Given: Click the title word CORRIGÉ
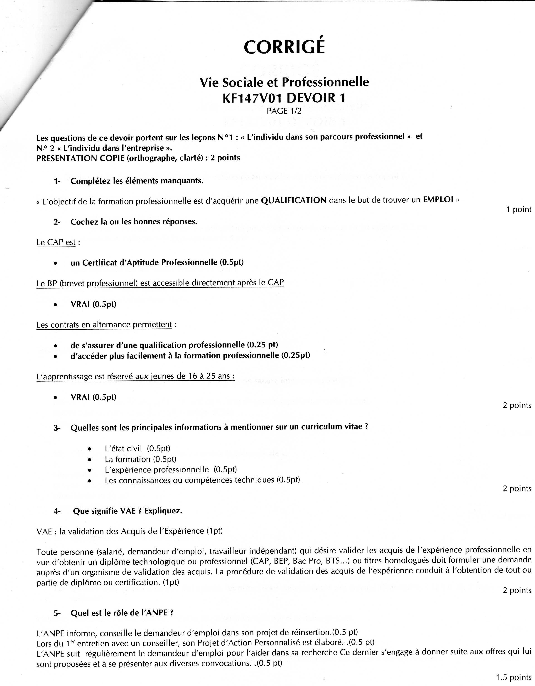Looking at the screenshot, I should click(284, 47).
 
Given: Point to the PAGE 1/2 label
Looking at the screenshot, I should click(282, 111).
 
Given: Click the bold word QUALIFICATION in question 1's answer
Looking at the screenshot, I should click(294, 200).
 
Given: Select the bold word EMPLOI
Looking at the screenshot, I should click(438, 200).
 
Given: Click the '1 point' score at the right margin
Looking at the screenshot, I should click(518, 210).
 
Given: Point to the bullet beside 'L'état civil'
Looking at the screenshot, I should click(90, 449).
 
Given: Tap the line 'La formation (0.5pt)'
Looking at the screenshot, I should click(140, 459).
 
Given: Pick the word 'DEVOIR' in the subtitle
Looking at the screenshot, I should click(311, 98).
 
